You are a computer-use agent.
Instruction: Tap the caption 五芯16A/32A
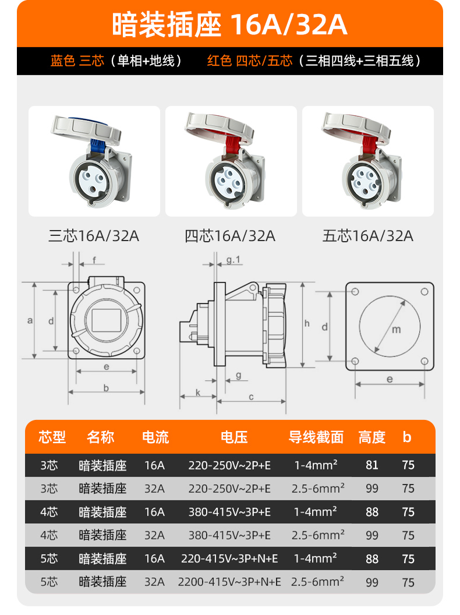click(368, 236)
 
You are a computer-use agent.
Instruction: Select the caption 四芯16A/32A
click(230, 236)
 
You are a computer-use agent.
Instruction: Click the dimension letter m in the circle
click(397, 330)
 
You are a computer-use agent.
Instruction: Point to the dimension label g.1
click(233, 260)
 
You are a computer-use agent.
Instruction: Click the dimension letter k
click(198, 392)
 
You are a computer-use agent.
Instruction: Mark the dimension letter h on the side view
click(307, 323)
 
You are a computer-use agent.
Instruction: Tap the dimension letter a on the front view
click(30, 320)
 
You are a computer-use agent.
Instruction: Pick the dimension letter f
click(94, 260)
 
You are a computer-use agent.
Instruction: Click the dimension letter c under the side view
click(251, 397)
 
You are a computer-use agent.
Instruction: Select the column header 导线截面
click(316, 437)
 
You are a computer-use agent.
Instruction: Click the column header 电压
click(234, 437)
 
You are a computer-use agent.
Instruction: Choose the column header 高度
click(371, 437)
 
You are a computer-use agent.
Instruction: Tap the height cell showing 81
click(371, 465)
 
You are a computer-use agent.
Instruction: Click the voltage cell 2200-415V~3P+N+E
click(229, 582)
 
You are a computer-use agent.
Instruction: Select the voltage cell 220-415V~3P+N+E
click(229, 559)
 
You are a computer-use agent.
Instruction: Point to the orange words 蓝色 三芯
click(77, 61)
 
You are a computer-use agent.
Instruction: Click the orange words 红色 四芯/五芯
click(250, 61)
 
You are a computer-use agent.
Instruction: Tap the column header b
click(407, 437)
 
